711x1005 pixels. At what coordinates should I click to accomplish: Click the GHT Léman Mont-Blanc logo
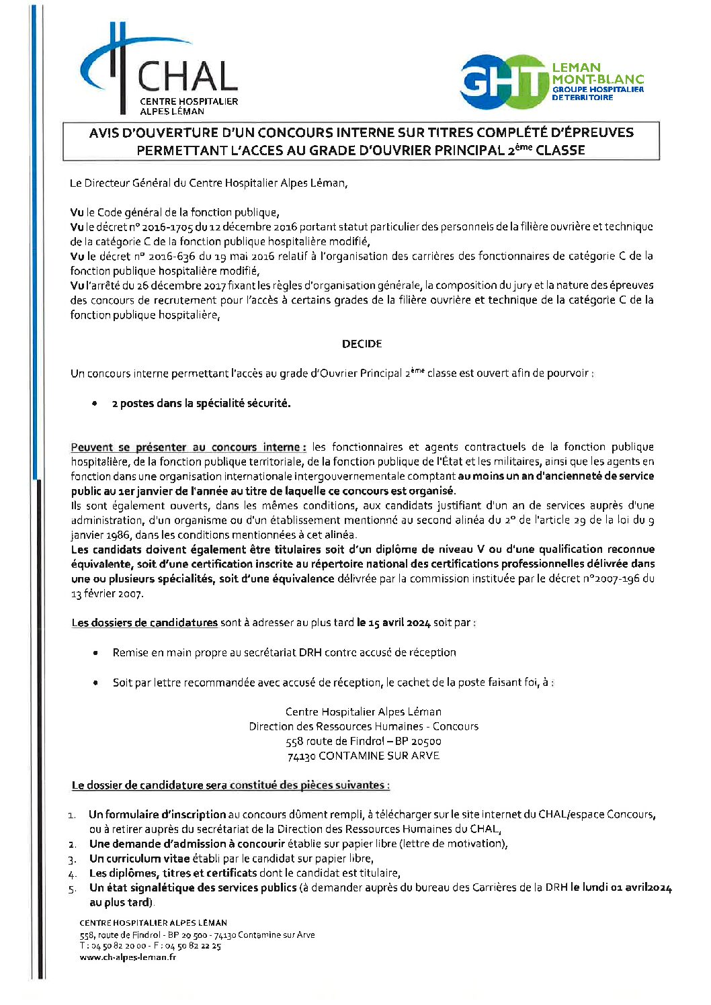tap(551, 82)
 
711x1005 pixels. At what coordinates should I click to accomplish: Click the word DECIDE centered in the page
tap(362, 344)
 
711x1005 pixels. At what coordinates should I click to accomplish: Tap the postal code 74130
tap(301, 756)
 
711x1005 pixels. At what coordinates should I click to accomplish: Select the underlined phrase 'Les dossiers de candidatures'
tap(144, 623)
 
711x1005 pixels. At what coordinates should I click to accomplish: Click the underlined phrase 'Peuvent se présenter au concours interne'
tap(189, 447)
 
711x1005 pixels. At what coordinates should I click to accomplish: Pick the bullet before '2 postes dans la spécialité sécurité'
tap(95, 404)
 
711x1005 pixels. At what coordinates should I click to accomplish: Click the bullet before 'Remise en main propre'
tap(95, 653)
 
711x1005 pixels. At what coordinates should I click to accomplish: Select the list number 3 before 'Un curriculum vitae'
tap(73, 859)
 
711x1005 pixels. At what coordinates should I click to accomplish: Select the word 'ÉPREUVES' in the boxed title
tap(594, 132)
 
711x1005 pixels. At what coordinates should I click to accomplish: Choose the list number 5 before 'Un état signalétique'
tap(73, 889)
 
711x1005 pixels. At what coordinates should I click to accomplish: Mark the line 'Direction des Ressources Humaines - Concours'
tap(364, 726)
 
